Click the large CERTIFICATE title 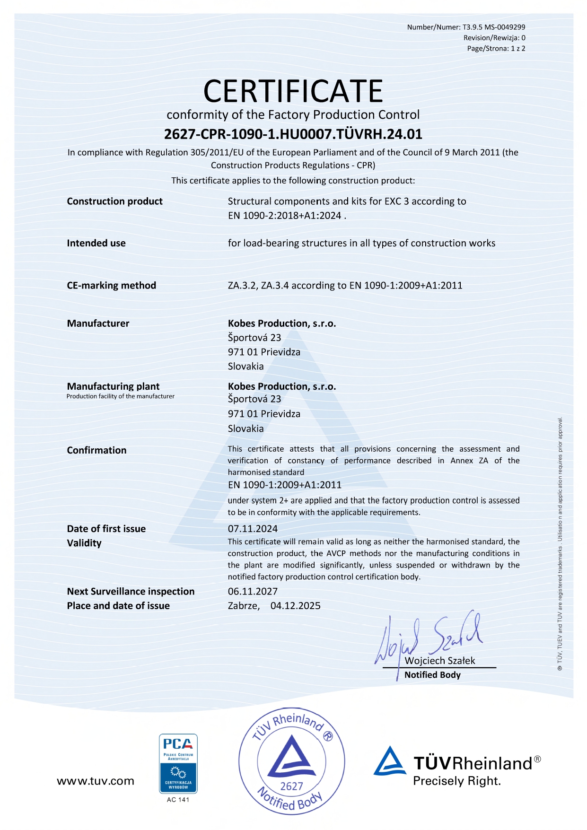(293, 91)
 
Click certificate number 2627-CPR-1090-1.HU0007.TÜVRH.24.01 (293, 134)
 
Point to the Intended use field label (96, 243)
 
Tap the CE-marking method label (111, 285)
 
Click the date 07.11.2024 (253, 529)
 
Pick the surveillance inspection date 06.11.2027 (253, 591)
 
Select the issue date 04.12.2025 (295, 606)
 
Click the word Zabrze (243, 606)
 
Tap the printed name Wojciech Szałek (439, 661)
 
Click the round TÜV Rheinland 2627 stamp (291, 761)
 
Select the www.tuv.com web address (96, 781)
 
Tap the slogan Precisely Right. (456, 781)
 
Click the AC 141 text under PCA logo (178, 800)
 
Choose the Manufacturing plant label (113, 386)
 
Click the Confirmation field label (96, 450)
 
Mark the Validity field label (84, 543)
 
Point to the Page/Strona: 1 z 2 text (496, 48)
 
